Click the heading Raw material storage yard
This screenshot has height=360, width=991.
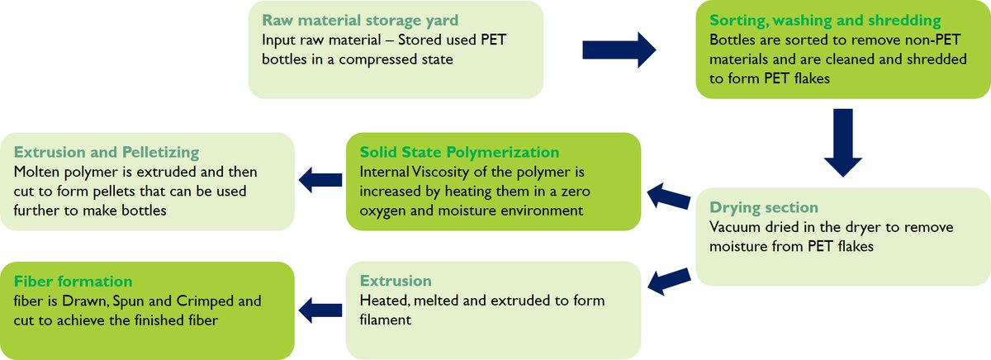pos(360,21)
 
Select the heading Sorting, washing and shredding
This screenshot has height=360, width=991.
pos(825,21)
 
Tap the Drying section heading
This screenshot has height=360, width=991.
pos(764,207)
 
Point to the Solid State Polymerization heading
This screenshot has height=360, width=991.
pos(459,152)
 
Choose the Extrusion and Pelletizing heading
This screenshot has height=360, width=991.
pos(107,152)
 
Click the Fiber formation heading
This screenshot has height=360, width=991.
pos(73,282)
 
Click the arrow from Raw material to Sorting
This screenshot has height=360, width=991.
pos(619,50)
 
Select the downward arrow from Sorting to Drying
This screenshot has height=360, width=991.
pos(843,143)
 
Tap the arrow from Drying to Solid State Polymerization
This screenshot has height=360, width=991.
pos(668,197)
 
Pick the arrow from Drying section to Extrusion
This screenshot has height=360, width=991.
pos(669,281)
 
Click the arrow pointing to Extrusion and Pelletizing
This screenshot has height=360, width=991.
pos(320,180)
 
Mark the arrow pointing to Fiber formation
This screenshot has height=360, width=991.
pos(320,310)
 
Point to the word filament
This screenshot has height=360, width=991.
pos(386,320)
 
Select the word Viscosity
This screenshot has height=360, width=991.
pos(439,172)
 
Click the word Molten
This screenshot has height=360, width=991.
pos(36,172)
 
